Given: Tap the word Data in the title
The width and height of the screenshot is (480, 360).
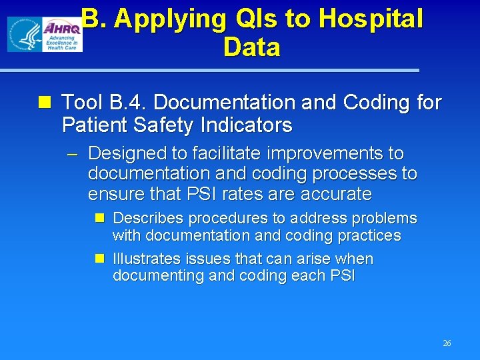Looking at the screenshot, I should coord(252,47).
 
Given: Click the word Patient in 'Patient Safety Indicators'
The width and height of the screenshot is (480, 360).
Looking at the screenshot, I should coord(90,125).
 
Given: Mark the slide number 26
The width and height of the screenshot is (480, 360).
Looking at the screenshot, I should coord(447,343).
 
